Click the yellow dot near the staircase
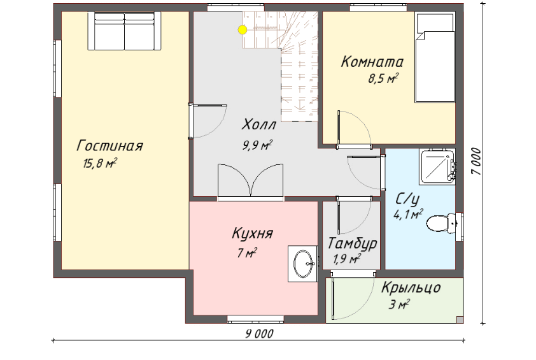243,30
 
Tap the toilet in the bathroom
441,223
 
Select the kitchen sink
303,264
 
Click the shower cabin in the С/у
437,166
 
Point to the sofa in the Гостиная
124,31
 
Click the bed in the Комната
435,57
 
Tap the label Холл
259,124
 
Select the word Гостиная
109,146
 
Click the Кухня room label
252,234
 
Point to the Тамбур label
352,243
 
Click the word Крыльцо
411,287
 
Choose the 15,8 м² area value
100,163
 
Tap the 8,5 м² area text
383,79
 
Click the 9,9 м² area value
257,146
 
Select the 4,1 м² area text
408,215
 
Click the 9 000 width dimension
260,334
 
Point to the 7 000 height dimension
476,161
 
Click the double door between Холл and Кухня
251,182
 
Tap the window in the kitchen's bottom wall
256,319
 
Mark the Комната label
372,62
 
